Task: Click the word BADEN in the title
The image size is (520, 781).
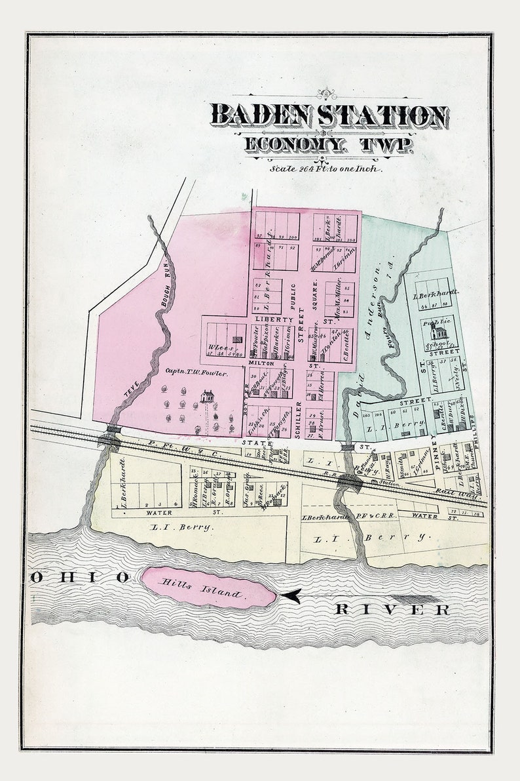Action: pos(265,115)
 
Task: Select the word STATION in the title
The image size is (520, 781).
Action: pos(386,115)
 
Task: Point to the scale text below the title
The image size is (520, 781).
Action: pos(325,168)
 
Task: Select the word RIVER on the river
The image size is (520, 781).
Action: pos(392,610)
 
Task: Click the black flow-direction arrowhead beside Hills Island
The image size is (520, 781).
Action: pos(291,595)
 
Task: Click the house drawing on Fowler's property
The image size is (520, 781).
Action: pos(208,397)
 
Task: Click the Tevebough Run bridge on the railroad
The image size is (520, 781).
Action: pos(113,430)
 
